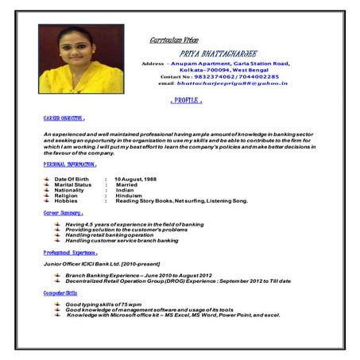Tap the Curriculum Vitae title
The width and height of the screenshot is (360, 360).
pyautogui.click(x=174, y=40)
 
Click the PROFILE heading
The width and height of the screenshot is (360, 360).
pyautogui.click(x=188, y=101)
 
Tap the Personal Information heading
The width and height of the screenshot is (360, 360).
pyautogui.click(x=70, y=165)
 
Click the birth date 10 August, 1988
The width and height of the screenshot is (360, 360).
pyautogui.click(x=141, y=180)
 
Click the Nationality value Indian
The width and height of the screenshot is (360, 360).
pyautogui.click(x=126, y=191)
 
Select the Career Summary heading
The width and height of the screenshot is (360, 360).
pyautogui.click(x=64, y=213)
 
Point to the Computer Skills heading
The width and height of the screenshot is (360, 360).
pyautogui.click(x=60, y=293)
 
